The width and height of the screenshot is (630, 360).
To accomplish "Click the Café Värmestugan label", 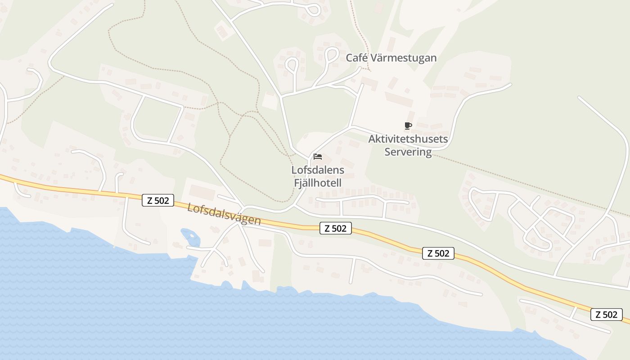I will [x=391, y=58].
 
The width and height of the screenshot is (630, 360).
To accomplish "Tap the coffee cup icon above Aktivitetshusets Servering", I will [x=408, y=126].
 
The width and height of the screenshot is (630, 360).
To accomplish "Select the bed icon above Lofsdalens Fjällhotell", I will [x=318, y=157].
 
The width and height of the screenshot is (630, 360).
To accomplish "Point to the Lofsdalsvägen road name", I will [x=224, y=214].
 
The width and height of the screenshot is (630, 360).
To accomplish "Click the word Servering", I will [x=408, y=152].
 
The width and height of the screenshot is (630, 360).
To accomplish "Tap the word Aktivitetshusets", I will [x=408, y=139].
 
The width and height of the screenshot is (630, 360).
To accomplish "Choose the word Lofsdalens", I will [x=318, y=170].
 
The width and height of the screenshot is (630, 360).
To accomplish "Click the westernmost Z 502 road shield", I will [x=158, y=200].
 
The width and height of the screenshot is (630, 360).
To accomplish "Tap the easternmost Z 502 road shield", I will [x=607, y=315].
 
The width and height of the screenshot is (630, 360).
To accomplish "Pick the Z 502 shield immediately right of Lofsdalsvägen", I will [x=335, y=228].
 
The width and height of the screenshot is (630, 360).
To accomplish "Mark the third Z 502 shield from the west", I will [x=438, y=253].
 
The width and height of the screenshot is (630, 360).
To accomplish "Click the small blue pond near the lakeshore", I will [x=189, y=235].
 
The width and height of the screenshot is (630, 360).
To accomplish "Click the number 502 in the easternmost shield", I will [x=611, y=315].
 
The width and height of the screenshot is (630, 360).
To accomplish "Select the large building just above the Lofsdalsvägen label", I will [x=202, y=192].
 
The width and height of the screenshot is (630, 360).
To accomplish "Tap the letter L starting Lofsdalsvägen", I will [x=190, y=208].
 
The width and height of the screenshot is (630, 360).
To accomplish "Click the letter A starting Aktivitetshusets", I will [x=372, y=139].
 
